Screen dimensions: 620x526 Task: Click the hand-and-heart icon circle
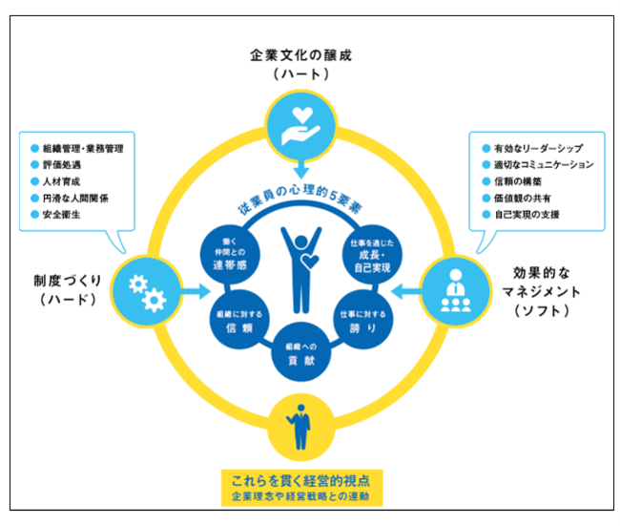tap(300, 126)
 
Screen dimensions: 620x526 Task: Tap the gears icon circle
tap(147, 292)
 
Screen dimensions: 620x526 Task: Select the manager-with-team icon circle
tap(456, 292)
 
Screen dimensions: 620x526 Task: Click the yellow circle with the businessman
tap(300, 427)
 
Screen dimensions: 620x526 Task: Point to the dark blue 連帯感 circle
tap(230, 254)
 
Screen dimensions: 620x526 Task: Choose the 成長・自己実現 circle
tap(372, 254)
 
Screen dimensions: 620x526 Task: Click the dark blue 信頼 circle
tap(239, 320)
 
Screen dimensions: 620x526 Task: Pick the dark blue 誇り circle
tap(363, 320)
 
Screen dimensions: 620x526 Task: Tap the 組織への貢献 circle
tap(300, 352)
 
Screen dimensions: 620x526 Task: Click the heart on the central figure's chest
tap(310, 262)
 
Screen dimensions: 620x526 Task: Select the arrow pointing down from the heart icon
tap(300, 169)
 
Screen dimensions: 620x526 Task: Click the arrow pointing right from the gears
tap(196, 292)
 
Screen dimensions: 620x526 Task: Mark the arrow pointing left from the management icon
tap(406, 292)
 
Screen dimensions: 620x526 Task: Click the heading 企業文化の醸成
tap(300, 55)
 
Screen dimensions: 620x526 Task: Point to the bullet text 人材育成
tap(61, 181)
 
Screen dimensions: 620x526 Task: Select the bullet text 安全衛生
tap(61, 215)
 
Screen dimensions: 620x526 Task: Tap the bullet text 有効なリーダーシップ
tap(539, 148)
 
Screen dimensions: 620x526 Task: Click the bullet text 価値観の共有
tap(523, 198)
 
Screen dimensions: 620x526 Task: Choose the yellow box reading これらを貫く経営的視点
tap(301, 488)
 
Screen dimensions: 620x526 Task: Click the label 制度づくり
tap(68, 281)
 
